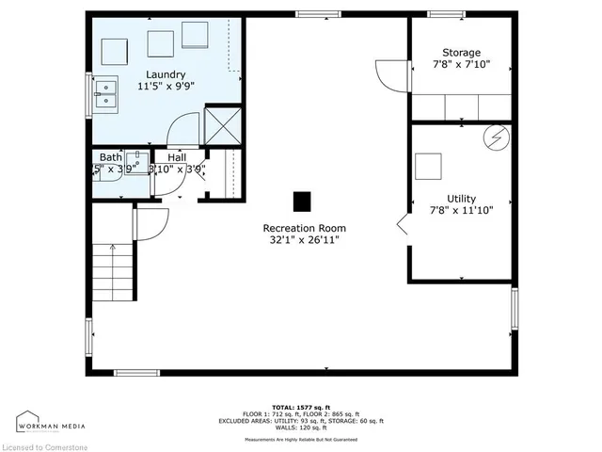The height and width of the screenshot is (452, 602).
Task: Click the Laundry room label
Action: pyautogui.click(x=165, y=74)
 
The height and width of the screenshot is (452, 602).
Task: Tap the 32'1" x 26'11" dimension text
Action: pyautogui.click(x=304, y=241)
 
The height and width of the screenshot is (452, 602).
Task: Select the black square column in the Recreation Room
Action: pyautogui.click(x=301, y=201)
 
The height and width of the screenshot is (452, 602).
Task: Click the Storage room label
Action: pyautogui.click(x=461, y=53)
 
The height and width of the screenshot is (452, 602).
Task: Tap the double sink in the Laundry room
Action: pyautogui.click(x=105, y=91)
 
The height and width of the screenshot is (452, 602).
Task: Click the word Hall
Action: pyautogui.click(x=176, y=157)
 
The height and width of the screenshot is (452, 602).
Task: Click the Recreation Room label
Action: pyautogui.click(x=304, y=228)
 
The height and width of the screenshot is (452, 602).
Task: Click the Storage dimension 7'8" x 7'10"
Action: pyautogui.click(x=461, y=66)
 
